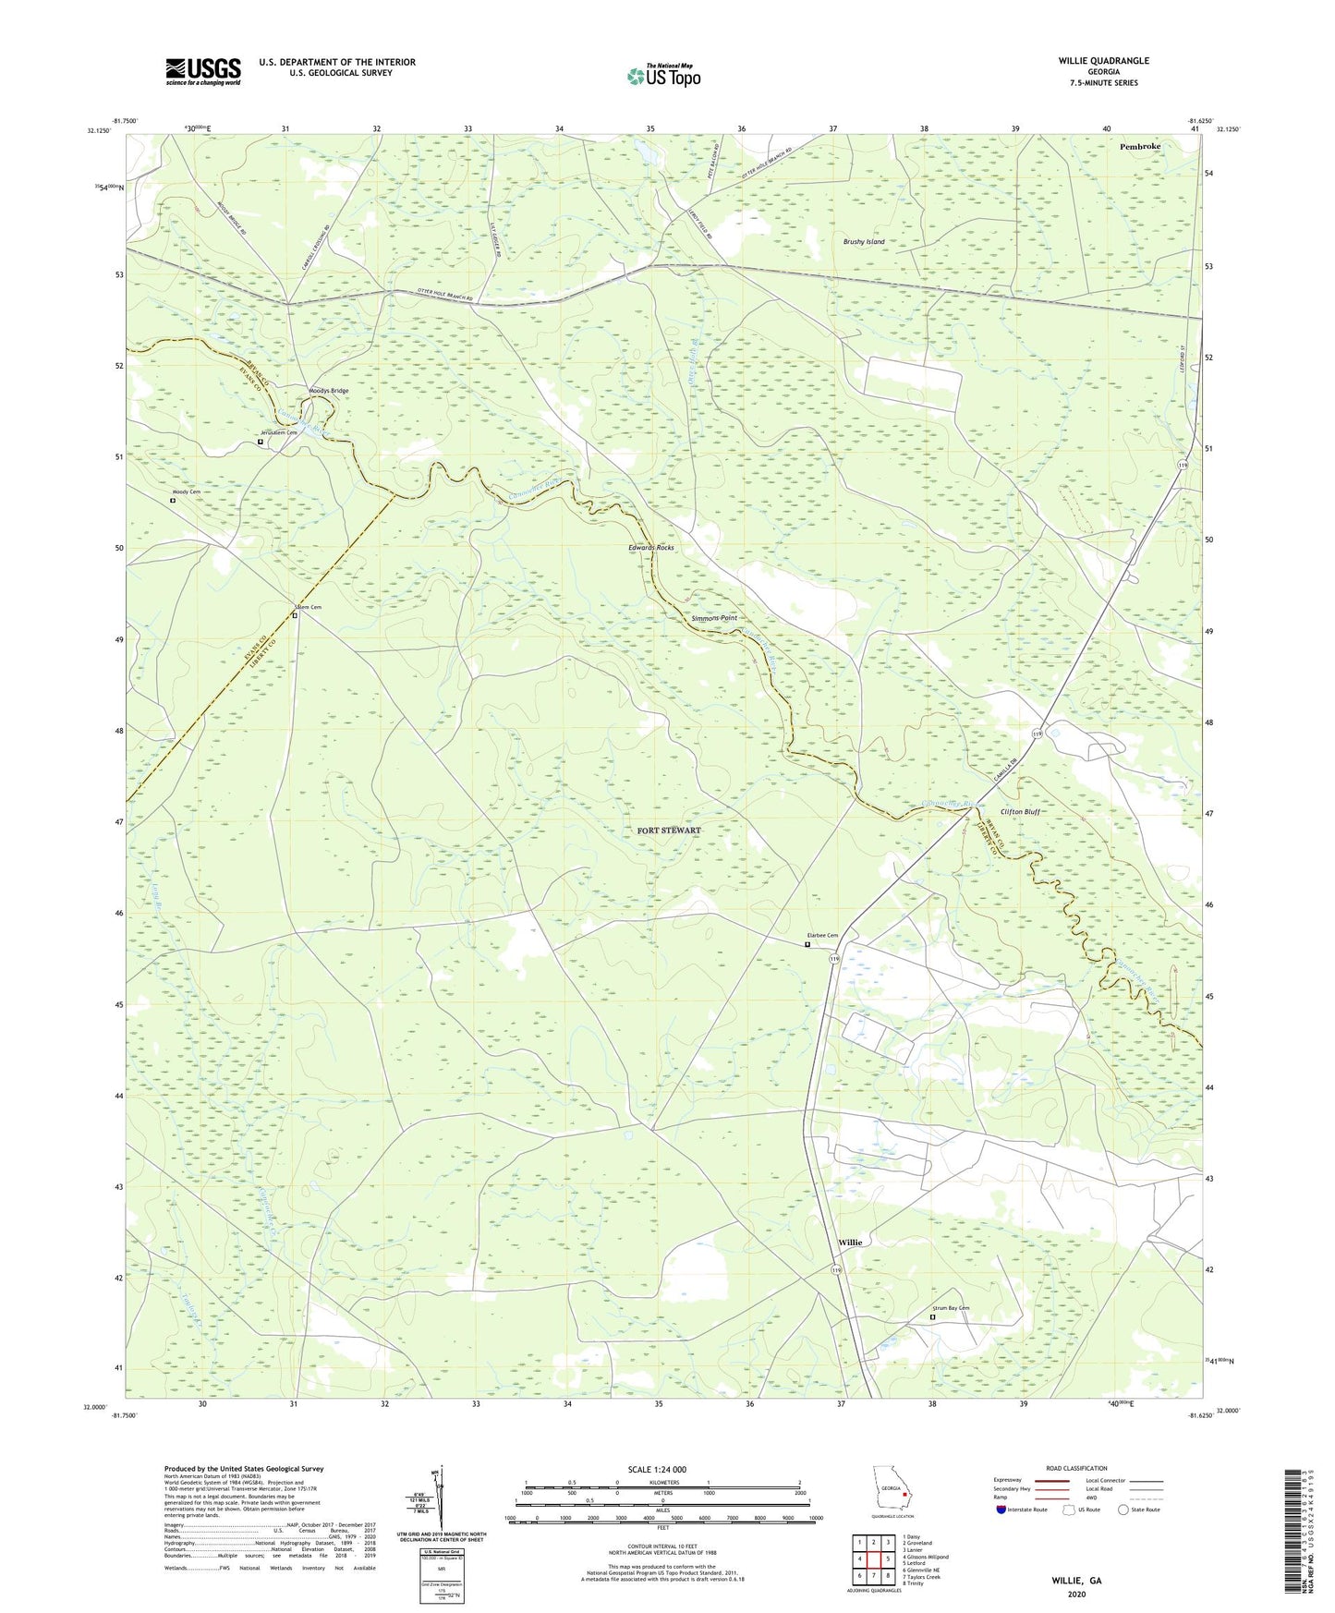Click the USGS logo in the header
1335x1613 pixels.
coord(202,71)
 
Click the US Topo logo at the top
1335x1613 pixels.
coord(662,76)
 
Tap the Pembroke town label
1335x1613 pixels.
coord(1139,146)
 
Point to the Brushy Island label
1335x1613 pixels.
coord(863,242)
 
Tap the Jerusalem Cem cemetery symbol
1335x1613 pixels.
coord(260,443)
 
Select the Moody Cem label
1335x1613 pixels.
coord(186,492)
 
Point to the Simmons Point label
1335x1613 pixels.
coord(713,617)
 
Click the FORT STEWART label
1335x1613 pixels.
coord(669,831)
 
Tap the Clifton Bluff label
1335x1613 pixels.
coord(1020,812)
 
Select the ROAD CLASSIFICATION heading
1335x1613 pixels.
coord(1075,1468)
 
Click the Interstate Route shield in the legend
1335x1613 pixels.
coord(1003,1510)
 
